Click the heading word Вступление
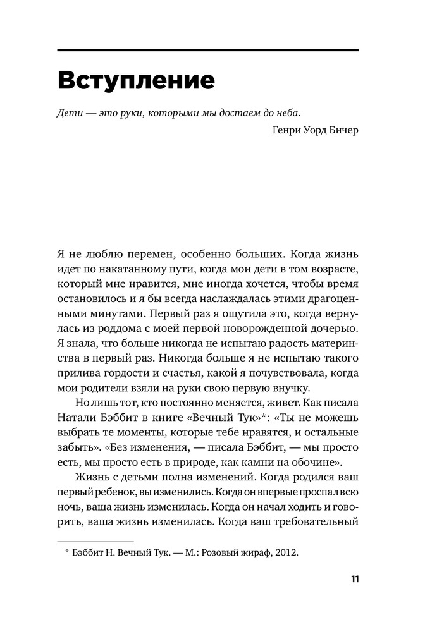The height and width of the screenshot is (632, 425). [136, 82]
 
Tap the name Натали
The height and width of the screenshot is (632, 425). [77, 421]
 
